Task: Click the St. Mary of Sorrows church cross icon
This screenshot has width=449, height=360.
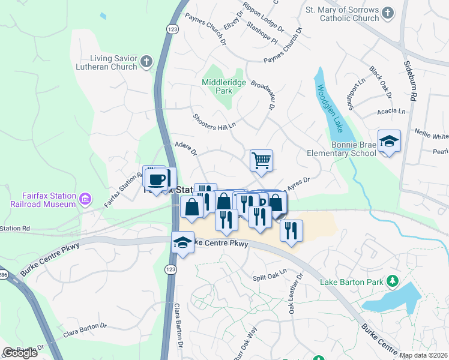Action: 388,12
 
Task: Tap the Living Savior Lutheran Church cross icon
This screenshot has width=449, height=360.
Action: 146,61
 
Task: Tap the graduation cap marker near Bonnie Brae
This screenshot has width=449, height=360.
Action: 389,142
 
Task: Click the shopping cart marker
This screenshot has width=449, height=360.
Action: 261,160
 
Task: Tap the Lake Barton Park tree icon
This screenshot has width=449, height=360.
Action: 393,280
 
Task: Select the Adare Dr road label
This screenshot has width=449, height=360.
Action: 185,148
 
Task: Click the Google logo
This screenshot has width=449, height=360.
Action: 20,353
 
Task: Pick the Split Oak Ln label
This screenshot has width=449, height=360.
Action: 270,275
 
